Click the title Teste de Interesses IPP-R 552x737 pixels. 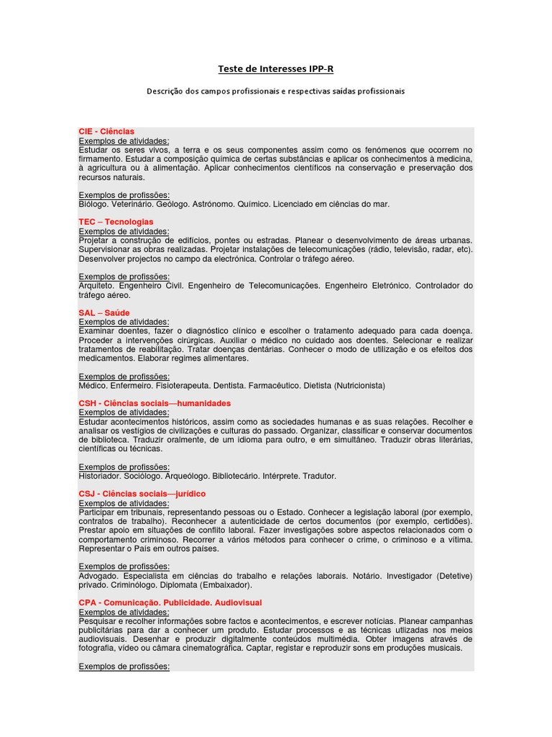click(x=276, y=69)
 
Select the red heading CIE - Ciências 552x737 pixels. click(x=106, y=132)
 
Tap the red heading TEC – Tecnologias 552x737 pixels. click(x=116, y=222)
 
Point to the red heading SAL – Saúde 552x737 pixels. click(x=104, y=313)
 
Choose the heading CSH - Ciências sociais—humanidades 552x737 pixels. click(x=155, y=403)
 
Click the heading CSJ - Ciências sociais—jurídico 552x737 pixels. click(x=142, y=494)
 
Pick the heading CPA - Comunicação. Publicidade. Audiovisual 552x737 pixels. click(x=170, y=602)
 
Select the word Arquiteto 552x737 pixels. click(x=96, y=286)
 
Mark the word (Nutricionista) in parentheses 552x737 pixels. click(x=359, y=385)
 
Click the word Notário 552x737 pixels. click(x=365, y=575)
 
